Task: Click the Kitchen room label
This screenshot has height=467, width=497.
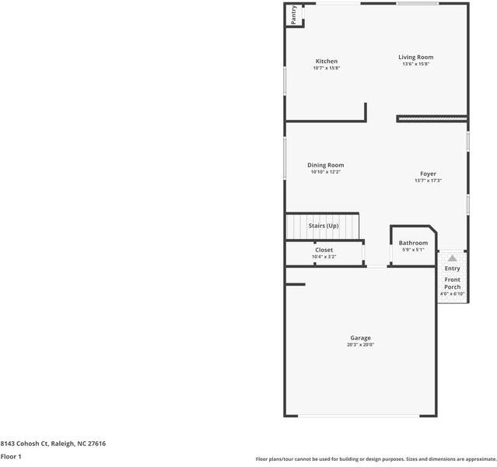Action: point(326,61)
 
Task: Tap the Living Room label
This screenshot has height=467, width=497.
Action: point(415,57)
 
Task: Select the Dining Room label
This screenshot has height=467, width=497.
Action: point(325,165)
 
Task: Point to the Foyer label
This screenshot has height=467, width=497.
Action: point(428,174)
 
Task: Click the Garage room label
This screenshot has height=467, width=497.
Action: point(360,338)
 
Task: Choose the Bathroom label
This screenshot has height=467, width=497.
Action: point(413,243)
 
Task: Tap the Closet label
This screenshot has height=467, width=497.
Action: point(324,250)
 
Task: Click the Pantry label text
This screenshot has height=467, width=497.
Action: point(293,16)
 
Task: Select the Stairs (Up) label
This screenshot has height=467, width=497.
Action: point(324,226)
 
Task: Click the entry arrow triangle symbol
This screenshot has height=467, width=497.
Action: point(452,258)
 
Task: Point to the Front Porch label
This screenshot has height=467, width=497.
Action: point(452,283)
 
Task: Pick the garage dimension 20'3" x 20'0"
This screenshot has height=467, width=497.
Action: point(360,345)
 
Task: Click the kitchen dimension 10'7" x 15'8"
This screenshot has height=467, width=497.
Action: point(326,68)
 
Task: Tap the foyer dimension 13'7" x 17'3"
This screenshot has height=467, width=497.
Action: point(428,181)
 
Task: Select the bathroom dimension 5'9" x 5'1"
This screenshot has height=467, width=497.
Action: point(413,250)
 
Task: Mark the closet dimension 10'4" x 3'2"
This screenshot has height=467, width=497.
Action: point(324,256)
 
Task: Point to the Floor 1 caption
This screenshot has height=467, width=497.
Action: point(11,456)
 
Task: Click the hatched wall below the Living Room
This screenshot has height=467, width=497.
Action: point(432,118)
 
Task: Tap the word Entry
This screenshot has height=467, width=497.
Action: point(452,269)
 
